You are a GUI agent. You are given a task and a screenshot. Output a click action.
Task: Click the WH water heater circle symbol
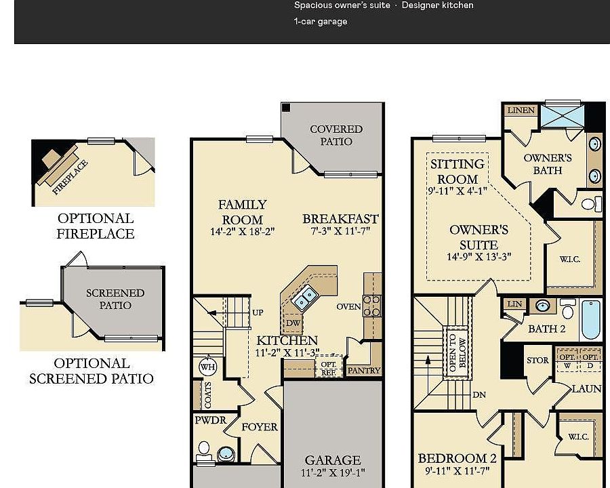point(207,367)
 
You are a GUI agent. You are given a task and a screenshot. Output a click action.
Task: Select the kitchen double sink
point(304,298)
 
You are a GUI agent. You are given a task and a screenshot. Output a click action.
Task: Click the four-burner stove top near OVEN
point(372,306)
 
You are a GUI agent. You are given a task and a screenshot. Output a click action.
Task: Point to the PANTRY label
point(364,371)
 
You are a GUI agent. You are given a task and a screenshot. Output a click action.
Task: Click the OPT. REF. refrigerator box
point(329,366)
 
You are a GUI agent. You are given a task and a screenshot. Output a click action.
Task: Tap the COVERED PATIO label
point(336,135)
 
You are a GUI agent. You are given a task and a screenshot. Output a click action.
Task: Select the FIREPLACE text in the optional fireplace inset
point(70,178)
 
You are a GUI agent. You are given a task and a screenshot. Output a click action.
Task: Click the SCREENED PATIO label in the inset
point(115,299)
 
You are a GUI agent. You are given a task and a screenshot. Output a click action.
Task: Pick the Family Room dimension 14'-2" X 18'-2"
point(243,232)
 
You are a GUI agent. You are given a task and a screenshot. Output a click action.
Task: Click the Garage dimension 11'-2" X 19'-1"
point(333,473)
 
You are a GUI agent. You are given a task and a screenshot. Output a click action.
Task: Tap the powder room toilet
point(203,452)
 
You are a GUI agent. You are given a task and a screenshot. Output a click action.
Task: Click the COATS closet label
point(208,395)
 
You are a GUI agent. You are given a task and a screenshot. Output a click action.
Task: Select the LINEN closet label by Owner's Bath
point(521,110)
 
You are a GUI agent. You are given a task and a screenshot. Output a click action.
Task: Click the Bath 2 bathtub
point(590,320)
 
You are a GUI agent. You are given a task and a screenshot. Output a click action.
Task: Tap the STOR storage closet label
point(537,361)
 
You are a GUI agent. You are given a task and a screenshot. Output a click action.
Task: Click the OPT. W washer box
point(567,361)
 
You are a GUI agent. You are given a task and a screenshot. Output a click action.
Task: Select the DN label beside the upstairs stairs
point(479,394)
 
